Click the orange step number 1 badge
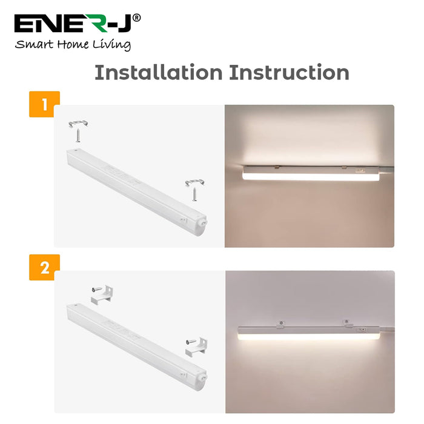[44, 104]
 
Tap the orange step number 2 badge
[44, 268]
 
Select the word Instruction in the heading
[289, 73]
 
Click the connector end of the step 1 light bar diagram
[202, 222]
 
